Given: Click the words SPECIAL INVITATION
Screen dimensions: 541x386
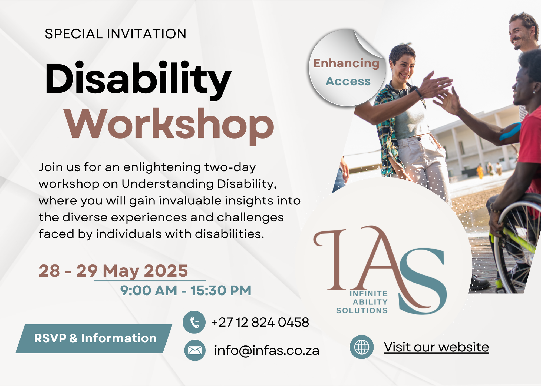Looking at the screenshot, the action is point(116,34).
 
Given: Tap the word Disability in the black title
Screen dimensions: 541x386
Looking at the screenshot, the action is point(138,80).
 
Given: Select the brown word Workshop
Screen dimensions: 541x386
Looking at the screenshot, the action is point(169,126).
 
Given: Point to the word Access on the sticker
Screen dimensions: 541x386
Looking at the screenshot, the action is point(348,81).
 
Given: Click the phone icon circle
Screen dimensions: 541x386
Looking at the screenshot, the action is point(194,322).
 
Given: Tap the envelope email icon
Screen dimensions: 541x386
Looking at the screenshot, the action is point(195,350).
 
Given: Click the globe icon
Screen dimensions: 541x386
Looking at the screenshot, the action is point(362,347).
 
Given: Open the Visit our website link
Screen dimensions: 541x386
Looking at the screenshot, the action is point(436,347).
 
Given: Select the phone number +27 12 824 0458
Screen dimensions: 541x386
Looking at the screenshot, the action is point(260,322).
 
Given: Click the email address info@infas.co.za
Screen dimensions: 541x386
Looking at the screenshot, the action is point(267,350).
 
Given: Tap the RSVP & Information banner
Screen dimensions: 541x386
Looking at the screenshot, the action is point(94,338).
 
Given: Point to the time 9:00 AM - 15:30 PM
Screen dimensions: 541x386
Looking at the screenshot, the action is point(186,291).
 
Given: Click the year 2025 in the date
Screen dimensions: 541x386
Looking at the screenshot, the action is point(166,271).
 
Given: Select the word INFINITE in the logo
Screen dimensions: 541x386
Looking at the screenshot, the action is point(369,294).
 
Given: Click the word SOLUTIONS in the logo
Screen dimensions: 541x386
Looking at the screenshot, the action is point(362,311).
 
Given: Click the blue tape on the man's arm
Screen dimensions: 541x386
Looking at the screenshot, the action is point(510,131).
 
